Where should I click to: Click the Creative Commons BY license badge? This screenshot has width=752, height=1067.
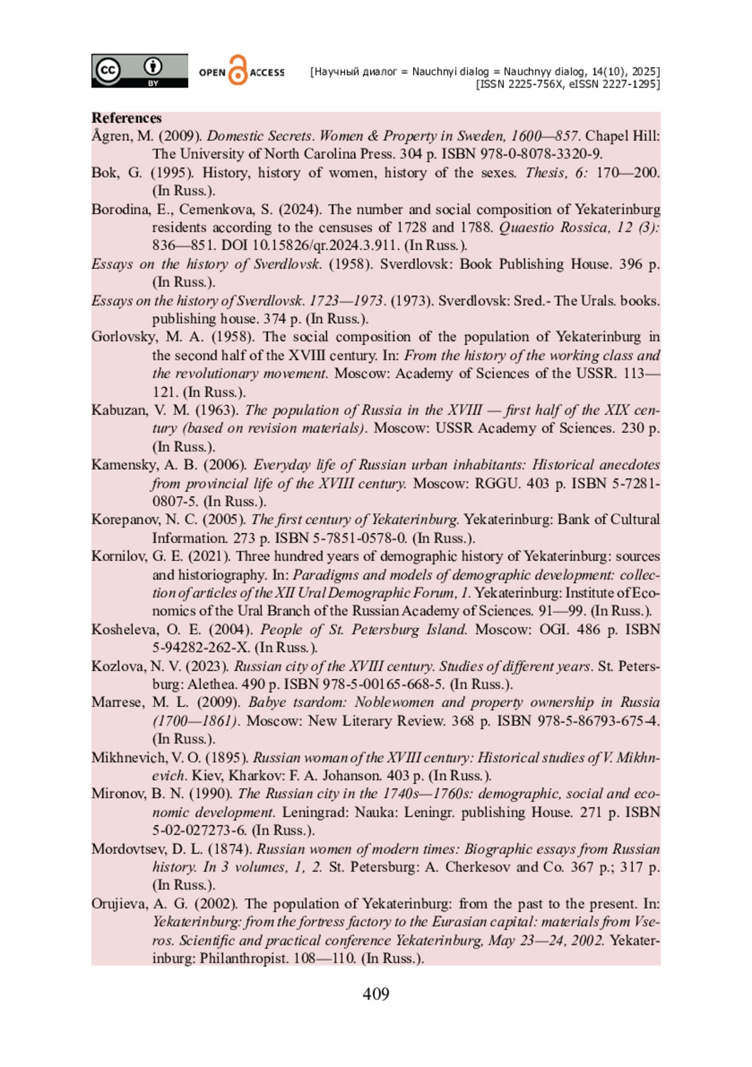139,71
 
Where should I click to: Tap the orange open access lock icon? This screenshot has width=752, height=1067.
238,70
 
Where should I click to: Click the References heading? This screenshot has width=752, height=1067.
127,118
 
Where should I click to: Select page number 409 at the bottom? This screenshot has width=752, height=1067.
376,994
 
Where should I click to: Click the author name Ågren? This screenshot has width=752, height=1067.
111,136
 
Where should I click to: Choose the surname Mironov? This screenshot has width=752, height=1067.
118,794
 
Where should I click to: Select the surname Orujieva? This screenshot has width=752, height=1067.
120,904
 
